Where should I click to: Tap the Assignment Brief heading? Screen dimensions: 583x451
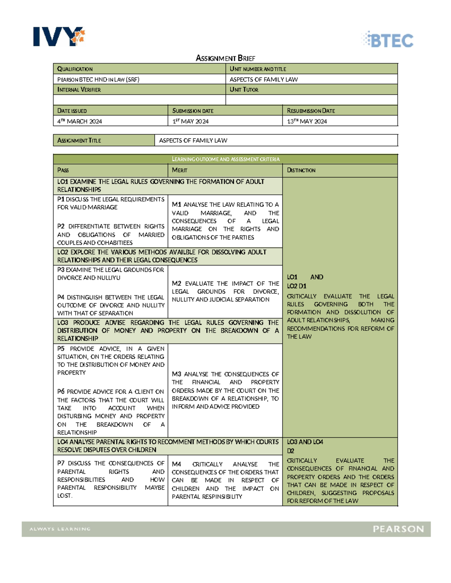(225, 58)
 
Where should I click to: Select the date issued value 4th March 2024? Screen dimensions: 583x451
(80, 121)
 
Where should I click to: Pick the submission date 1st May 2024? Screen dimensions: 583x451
(191, 121)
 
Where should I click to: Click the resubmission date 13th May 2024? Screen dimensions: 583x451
(307, 121)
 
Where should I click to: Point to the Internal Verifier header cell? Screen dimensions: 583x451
(79, 90)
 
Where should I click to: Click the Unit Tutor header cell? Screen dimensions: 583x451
(244, 90)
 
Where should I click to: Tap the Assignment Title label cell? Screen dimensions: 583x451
(79, 140)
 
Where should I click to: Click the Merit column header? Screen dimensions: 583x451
(180, 170)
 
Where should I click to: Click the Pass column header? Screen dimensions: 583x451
(63, 170)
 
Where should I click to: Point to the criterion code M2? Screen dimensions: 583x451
(177, 283)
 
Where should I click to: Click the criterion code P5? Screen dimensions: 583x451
(61, 349)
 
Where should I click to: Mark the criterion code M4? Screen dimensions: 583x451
(177, 464)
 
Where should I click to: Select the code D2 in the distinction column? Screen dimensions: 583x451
(291, 451)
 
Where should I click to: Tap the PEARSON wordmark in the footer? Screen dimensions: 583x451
(398, 529)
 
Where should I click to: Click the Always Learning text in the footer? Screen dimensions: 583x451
(60, 529)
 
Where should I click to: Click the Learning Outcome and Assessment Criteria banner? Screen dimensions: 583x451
(225, 159)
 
